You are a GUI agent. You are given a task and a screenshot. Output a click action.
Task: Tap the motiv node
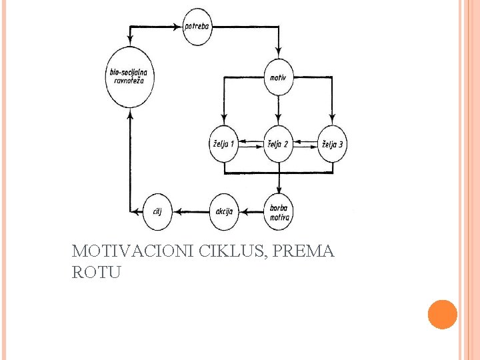pyautogui.click(x=278, y=78)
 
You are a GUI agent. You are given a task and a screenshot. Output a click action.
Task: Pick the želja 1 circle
pyautogui.click(x=223, y=144)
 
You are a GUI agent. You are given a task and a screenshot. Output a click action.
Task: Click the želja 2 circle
pyautogui.click(x=278, y=144)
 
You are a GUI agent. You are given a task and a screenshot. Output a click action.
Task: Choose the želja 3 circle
pyautogui.click(x=333, y=144)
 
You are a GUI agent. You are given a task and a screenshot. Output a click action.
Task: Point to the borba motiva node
pyautogui.click(x=278, y=212)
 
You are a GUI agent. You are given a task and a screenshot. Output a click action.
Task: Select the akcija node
pyautogui.click(x=223, y=212)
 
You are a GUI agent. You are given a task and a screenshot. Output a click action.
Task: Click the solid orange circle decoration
pyautogui.click(x=442, y=314)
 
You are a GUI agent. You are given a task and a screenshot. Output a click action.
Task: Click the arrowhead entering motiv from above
pyautogui.click(x=278, y=57)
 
